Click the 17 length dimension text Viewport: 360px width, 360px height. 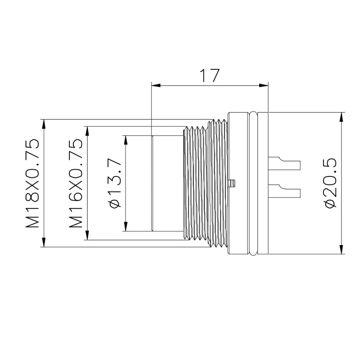[x=210, y=75]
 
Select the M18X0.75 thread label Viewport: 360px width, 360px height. [x=32, y=183]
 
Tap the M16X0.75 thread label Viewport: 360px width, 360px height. [x=76, y=183]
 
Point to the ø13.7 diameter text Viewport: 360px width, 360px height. [x=115, y=183]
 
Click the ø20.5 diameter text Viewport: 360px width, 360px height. [x=331, y=183]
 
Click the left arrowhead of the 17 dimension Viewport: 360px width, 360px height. [x=156, y=85]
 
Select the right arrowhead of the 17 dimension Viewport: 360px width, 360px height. [x=264, y=85]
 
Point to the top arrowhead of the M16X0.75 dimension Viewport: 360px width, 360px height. [x=87, y=130]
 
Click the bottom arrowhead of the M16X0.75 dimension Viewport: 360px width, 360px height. [x=87, y=236]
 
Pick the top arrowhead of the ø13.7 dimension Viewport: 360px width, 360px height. [x=126, y=140]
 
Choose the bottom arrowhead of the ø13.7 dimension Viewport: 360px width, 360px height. [x=126, y=227]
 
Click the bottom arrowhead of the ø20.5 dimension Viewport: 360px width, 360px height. [x=342, y=250]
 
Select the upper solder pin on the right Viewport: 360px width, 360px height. [x=284, y=164]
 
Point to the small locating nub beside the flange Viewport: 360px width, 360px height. [x=232, y=183]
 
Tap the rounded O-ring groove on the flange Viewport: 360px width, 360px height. [x=253, y=183]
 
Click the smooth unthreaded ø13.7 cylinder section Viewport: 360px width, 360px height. [x=167, y=183]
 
